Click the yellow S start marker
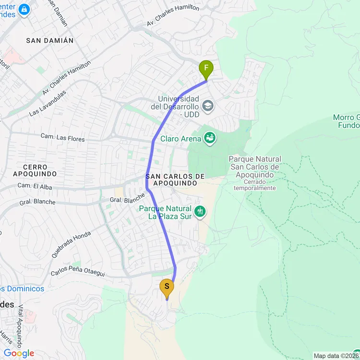pyautogui.click(x=167, y=288)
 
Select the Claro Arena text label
pyautogui.click(x=179, y=139)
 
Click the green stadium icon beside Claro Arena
pyautogui.click(x=209, y=139)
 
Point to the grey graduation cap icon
pyautogui.click(x=207, y=106)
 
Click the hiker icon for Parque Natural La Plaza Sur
pyautogui.click(x=200, y=211)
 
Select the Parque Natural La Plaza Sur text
pyautogui.click(x=165, y=212)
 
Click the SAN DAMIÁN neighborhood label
pyautogui.click(x=50, y=41)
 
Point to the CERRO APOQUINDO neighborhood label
pyautogui.click(x=35, y=170)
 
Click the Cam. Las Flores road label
pyautogui.click(x=62, y=138)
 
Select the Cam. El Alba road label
pyautogui.click(x=35, y=186)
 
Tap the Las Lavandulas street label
pyautogui.click(x=47, y=102)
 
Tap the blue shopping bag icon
pyautogui.click(x=23, y=9)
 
